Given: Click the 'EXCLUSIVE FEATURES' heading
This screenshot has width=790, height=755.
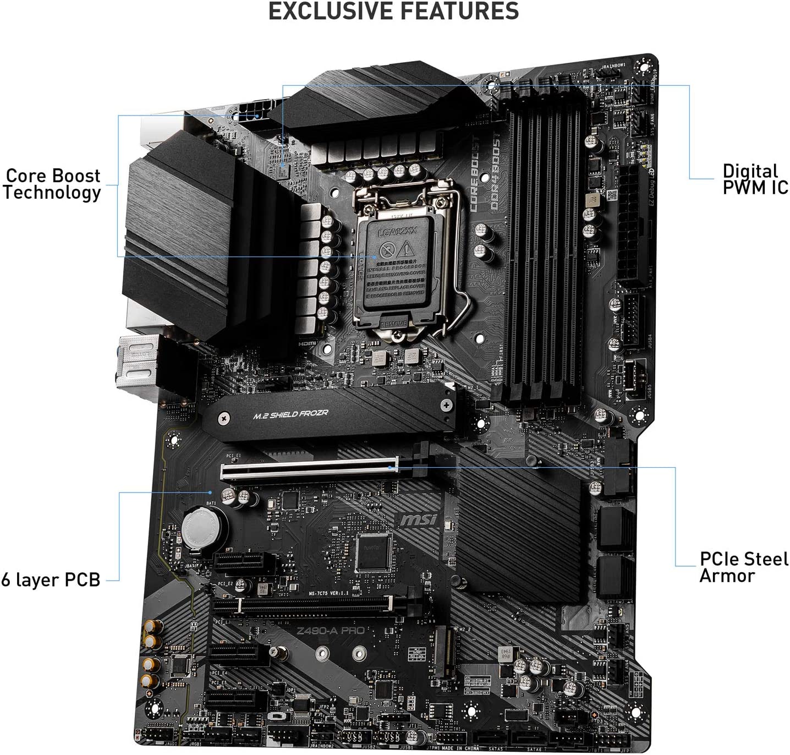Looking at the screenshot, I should pyautogui.click(x=394, y=12).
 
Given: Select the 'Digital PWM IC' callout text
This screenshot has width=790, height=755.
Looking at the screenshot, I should pyautogui.click(x=755, y=179).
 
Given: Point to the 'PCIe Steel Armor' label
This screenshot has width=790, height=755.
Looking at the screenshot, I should pyautogui.click(x=743, y=567).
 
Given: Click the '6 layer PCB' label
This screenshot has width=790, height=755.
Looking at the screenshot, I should pyautogui.click(x=51, y=580).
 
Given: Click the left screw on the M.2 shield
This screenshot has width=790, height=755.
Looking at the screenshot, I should pyautogui.click(x=223, y=419).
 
